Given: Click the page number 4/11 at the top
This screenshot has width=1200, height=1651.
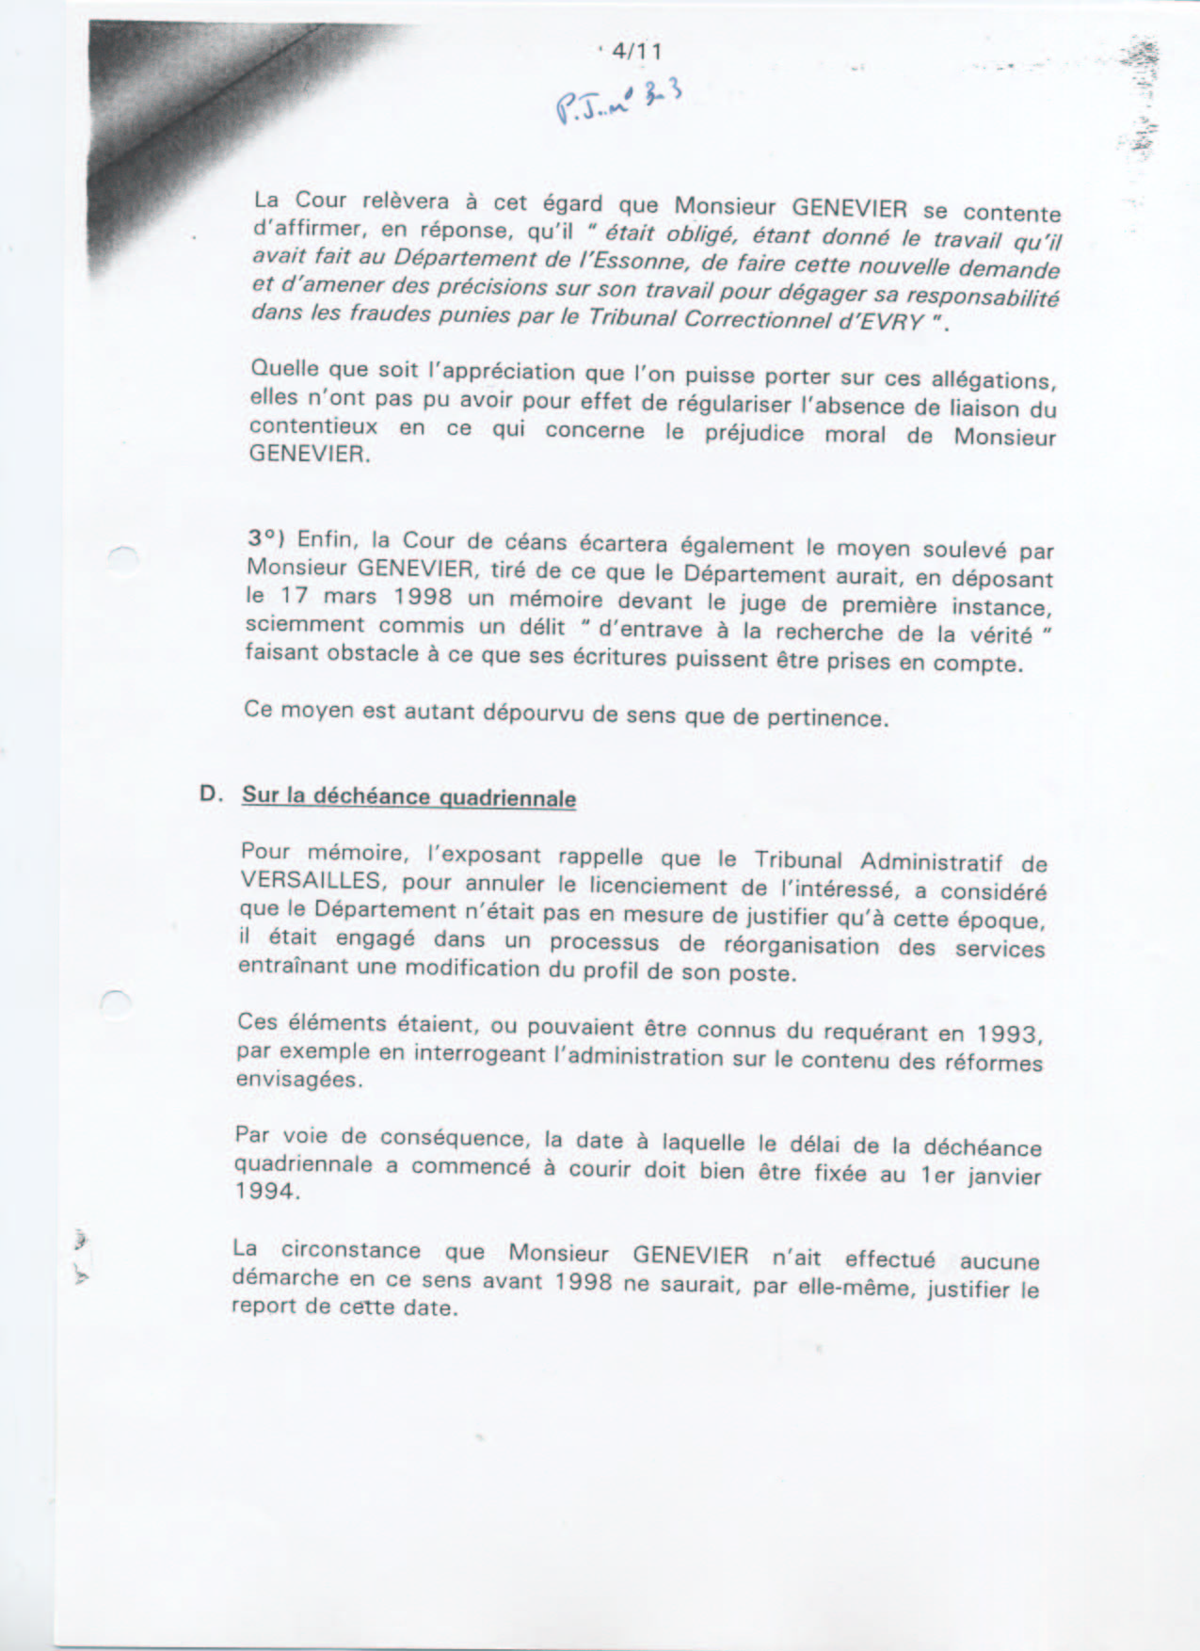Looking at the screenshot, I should (636, 52).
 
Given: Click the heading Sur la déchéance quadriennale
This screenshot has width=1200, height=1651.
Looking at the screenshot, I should (408, 796).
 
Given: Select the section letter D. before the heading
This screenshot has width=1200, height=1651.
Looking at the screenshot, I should (211, 793).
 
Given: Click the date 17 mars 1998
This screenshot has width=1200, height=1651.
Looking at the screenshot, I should (361, 597).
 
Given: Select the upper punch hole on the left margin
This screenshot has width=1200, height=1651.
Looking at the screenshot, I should (121, 557).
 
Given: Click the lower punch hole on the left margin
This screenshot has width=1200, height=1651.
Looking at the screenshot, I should (115, 1002).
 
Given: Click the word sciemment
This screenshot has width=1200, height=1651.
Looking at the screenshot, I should (304, 624).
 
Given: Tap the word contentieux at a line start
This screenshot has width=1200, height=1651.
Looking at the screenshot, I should (312, 425).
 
